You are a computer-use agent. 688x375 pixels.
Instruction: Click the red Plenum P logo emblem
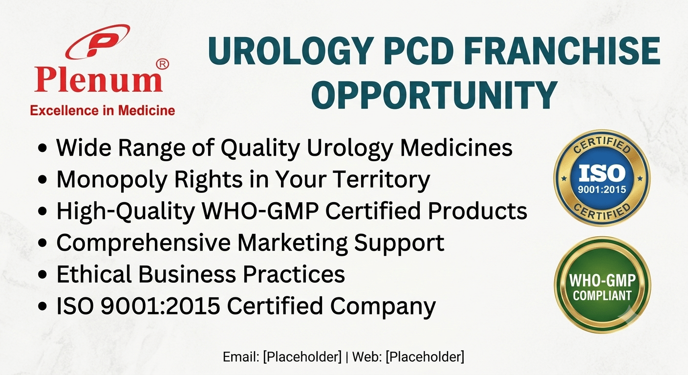tap(98, 42)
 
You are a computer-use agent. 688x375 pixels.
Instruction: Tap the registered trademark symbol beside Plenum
tap(163, 64)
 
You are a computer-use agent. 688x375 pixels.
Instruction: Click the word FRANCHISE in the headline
tap(562, 51)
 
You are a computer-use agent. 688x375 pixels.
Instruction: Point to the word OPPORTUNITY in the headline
tap(434, 95)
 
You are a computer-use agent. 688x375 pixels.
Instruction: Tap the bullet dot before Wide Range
tap(43, 148)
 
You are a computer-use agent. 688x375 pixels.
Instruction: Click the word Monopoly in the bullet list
tap(112, 180)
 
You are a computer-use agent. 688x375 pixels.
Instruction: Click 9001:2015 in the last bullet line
tap(160, 306)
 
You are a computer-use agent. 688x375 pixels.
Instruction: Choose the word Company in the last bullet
tap(383, 306)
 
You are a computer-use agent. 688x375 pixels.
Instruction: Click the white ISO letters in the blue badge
tap(602, 173)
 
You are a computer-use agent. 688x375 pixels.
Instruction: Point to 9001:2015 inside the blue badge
tap(602, 189)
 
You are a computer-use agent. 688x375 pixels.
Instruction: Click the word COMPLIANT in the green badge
tap(602, 296)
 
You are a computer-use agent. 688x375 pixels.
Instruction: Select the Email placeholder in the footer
tap(302, 357)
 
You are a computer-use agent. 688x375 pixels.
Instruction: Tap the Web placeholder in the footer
tap(425, 357)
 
